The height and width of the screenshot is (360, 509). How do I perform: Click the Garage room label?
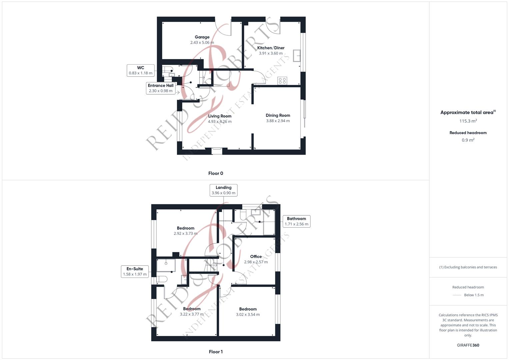[x=202, y=37]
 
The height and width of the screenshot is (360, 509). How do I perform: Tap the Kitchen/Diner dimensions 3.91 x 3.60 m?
[x=271, y=53]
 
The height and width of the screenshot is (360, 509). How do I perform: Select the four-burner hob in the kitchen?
[x=282, y=81]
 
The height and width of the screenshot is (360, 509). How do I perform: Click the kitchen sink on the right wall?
[x=296, y=56]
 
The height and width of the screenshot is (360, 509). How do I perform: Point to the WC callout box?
[x=140, y=70]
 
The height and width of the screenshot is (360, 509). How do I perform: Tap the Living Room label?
[x=220, y=116]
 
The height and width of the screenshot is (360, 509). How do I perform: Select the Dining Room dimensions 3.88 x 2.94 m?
[x=278, y=121]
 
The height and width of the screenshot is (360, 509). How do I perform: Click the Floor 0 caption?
[x=216, y=173]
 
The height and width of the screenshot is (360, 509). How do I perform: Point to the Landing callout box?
[x=223, y=190]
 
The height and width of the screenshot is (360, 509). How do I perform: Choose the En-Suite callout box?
[x=135, y=271]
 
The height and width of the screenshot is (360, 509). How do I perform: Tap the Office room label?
[x=256, y=256]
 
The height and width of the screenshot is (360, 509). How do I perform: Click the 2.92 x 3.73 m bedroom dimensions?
[x=185, y=234]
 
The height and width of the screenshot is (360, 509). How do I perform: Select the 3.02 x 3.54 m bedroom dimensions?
[x=248, y=314]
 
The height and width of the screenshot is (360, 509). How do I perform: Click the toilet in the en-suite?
[x=161, y=279]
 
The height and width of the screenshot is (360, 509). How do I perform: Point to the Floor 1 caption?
[x=216, y=352]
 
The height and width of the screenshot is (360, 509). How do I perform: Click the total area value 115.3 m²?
[x=468, y=121]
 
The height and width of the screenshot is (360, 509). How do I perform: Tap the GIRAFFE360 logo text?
[x=468, y=345]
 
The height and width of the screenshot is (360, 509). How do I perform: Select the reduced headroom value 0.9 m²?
[x=468, y=140]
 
